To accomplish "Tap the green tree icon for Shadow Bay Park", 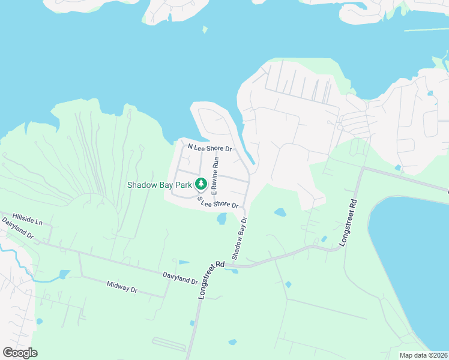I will click(x=201, y=182).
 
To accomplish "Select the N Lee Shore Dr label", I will click(x=210, y=147).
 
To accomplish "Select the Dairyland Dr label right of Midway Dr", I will click(x=180, y=277).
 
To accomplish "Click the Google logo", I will click(x=20, y=353).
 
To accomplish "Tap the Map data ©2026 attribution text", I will click(x=423, y=355).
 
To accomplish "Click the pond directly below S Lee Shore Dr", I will click(x=221, y=219).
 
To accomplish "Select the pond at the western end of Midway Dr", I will click(x=63, y=275).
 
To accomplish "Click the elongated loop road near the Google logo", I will click(x=170, y=343).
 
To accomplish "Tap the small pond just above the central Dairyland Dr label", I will click(x=184, y=262).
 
